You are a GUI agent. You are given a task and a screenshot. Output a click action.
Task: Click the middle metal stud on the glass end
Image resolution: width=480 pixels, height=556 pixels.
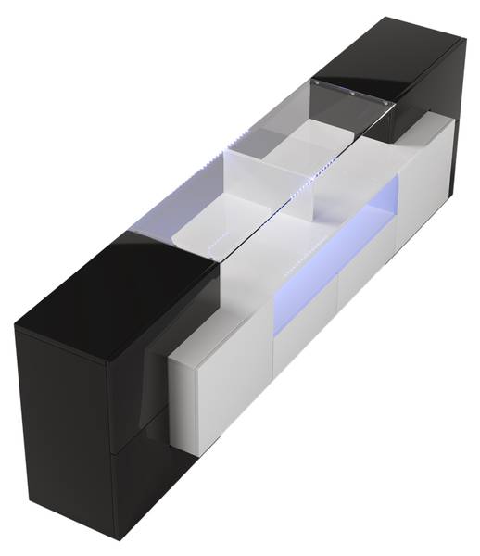[x=353, y=92]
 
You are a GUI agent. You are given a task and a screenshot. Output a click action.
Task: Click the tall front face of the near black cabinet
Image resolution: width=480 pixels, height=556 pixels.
[x=65, y=417]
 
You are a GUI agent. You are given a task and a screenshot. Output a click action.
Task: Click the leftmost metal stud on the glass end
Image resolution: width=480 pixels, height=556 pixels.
[x=318, y=84]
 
